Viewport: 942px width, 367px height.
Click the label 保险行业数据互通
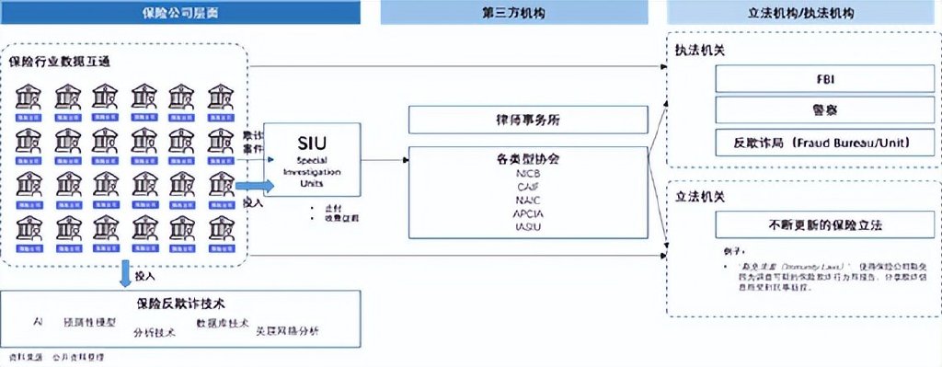point(54,62)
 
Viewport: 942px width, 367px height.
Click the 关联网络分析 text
point(287,330)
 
